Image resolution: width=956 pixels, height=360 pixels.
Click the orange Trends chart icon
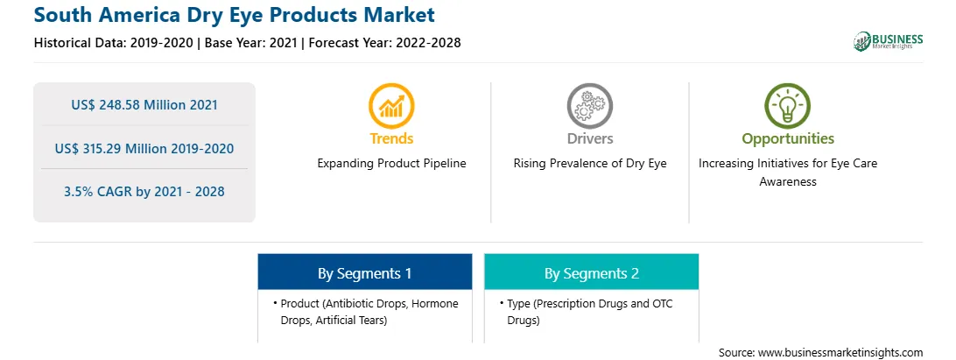[391, 106]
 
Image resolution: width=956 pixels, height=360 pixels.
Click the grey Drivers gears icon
[589, 106]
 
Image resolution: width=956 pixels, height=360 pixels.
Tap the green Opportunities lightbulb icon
[788, 106]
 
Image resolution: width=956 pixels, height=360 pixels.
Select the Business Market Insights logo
[889, 41]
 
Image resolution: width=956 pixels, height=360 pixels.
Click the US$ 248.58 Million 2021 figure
[144, 104]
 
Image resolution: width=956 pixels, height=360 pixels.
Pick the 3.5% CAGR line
[144, 192]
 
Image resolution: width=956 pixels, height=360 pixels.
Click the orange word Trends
[391, 138]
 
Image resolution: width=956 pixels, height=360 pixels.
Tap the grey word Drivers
[589, 138]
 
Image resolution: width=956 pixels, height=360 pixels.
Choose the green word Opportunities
[788, 139]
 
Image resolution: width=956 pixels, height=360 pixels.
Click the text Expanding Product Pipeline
[391, 164]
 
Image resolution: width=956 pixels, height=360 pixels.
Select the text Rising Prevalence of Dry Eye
[589, 164]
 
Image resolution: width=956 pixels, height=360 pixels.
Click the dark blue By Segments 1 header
[364, 272]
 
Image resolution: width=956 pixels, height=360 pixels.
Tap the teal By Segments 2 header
[592, 272]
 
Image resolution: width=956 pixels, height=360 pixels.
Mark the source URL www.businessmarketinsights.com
[839, 353]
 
